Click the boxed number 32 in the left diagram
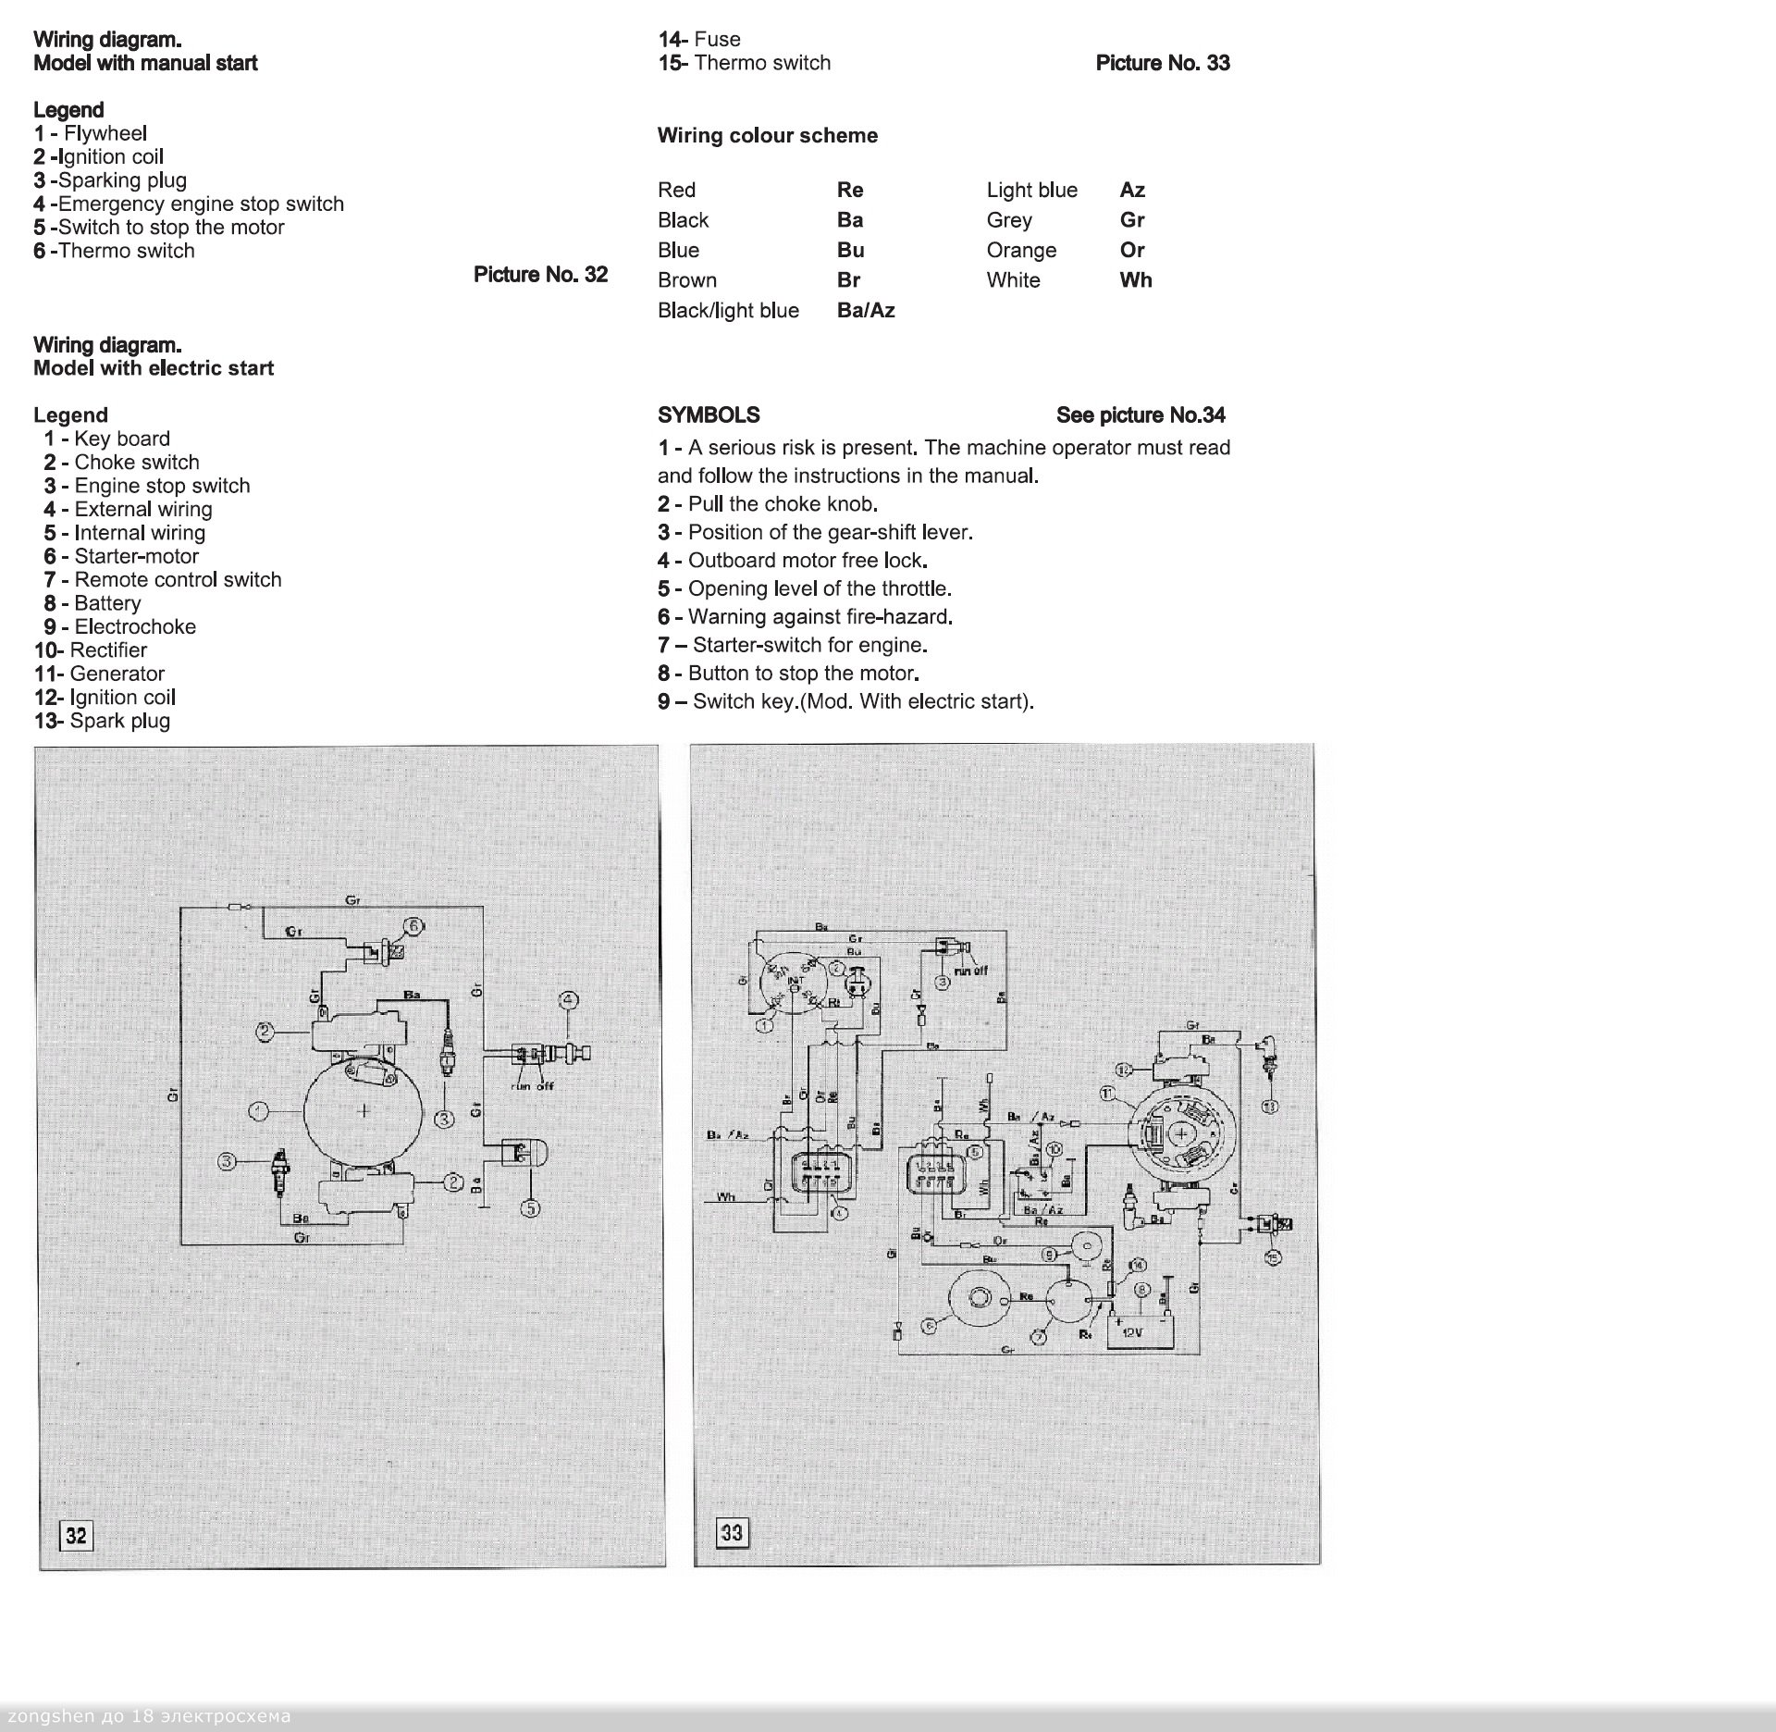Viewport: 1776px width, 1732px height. [x=76, y=1536]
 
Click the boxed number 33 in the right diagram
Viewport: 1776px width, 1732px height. [x=731, y=1532]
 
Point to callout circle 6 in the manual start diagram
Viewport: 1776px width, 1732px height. [x=413, y=926]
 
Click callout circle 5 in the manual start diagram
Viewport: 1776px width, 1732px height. [x=531, y=1207]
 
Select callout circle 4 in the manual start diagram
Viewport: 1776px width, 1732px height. [x=568, y=1000]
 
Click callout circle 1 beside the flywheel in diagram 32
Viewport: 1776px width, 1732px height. [x=260, y=1110]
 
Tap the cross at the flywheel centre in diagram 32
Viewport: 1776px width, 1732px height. [x=364, y=1110]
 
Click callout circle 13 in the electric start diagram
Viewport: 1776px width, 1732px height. [x=1270, y=1105]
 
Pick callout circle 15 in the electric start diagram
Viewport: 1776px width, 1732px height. [x=1273, y=1256]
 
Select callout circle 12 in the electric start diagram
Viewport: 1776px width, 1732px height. [x=1123, y=1070]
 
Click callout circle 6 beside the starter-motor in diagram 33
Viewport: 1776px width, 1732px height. [x=929, y=1325]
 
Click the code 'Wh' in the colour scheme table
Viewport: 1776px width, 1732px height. [x=1135, y=280]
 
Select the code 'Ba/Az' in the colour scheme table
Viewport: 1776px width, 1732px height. [x=866, y=311]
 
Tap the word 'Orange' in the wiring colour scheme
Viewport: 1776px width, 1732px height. [x=1021, y=251]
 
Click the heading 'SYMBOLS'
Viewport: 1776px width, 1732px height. [x=709, y=415]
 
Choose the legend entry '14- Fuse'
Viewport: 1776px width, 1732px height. [x=699, y=39]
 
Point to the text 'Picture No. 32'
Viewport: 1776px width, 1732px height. [x=540, y=275]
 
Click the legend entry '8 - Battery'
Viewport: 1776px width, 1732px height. [x=92, y=603]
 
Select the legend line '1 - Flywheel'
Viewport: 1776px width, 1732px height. [x=91, y=133]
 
